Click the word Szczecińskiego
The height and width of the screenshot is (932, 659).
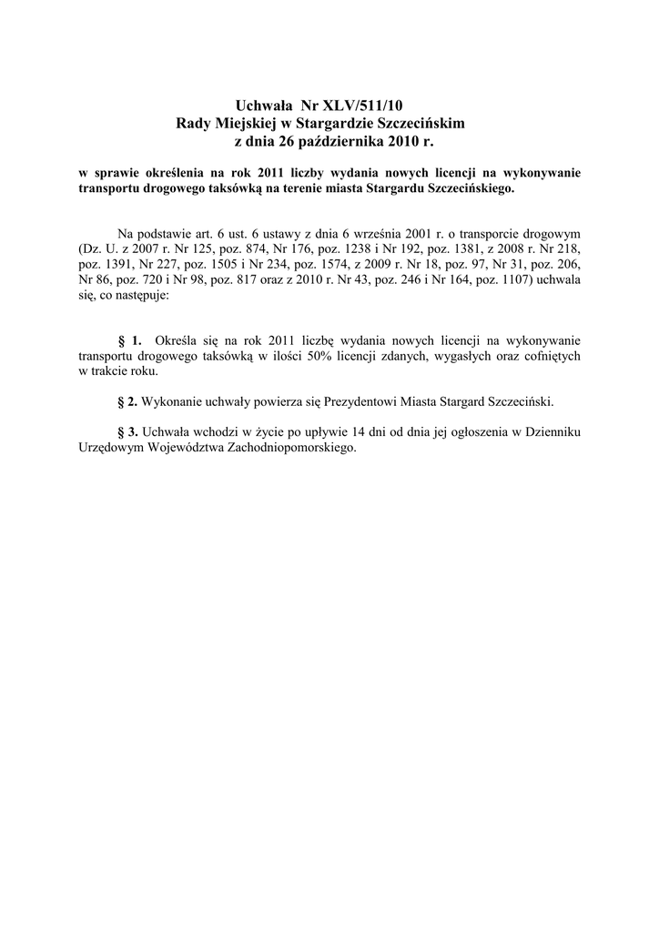tap(471, 188)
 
